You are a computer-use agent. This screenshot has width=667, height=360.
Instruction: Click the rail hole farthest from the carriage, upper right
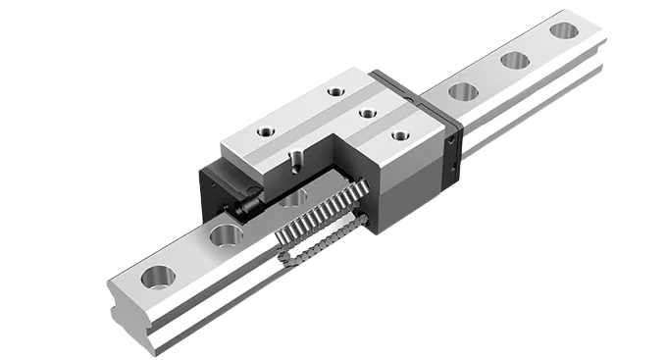tap(563, 30)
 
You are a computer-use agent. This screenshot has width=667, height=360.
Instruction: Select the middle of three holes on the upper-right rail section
tap(514, 60)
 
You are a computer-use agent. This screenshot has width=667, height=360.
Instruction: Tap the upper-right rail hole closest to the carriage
tap(462, 92)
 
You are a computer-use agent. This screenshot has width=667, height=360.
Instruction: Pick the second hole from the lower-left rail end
tap(225, 235)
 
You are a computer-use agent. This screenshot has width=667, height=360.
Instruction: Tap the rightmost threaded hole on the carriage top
tap(399, 135)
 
